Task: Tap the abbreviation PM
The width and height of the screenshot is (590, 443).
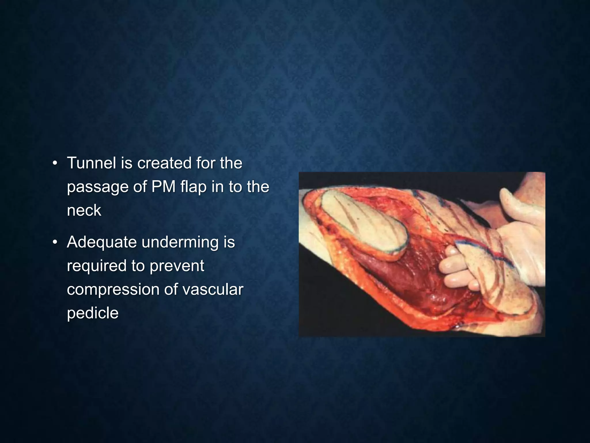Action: (163, 187)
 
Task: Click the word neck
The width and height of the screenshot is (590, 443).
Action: (84, 210)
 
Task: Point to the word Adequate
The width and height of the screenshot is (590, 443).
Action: (102, 242)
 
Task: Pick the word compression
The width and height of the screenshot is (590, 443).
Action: (113, 289)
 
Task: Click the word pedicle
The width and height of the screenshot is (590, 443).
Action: (92, 313)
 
